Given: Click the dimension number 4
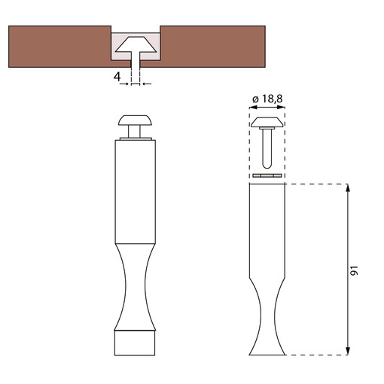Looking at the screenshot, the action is (117, 77).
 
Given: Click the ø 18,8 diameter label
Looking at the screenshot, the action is (267, 99).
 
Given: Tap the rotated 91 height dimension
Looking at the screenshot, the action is (354, 270).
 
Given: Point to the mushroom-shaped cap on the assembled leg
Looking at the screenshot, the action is (136, 120).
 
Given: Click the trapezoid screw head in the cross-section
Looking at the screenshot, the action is (136, 44).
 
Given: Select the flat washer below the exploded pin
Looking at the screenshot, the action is (267, 175).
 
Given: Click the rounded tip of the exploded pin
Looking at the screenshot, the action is (267, 165).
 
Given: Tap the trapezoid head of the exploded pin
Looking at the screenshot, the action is (267, 122).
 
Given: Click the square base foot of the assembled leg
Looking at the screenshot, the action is (135, 343).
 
